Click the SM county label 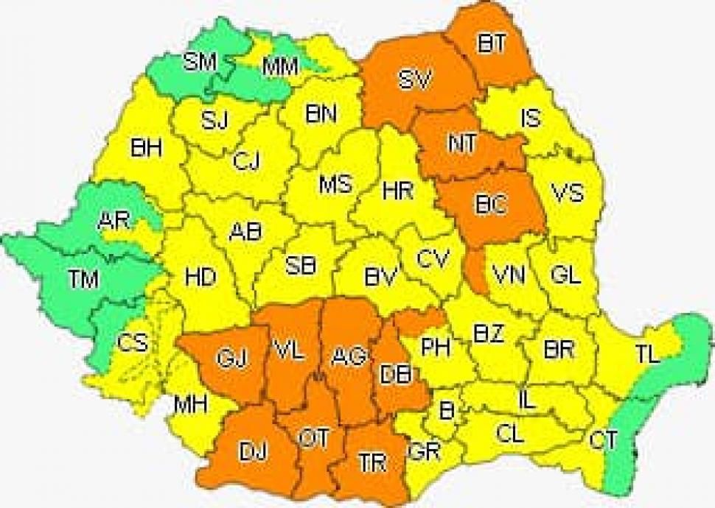[x=200, y=63]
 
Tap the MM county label [x=280, y=67]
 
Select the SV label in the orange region [x=415, y=80]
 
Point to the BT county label [x=492, y=43]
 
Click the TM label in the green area [x=83, y=279]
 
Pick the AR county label [x=114, y=221]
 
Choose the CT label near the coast [x=603, y=441]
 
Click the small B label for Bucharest [x=446, y=410]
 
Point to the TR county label [x=372, y=462]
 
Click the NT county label [x=462, y=142]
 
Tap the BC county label [x=490, y=206]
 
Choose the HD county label [x=200, y=278]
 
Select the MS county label [x=335, y=184]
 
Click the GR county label [x=425, y=451]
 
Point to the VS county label [x=568, y=194]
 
